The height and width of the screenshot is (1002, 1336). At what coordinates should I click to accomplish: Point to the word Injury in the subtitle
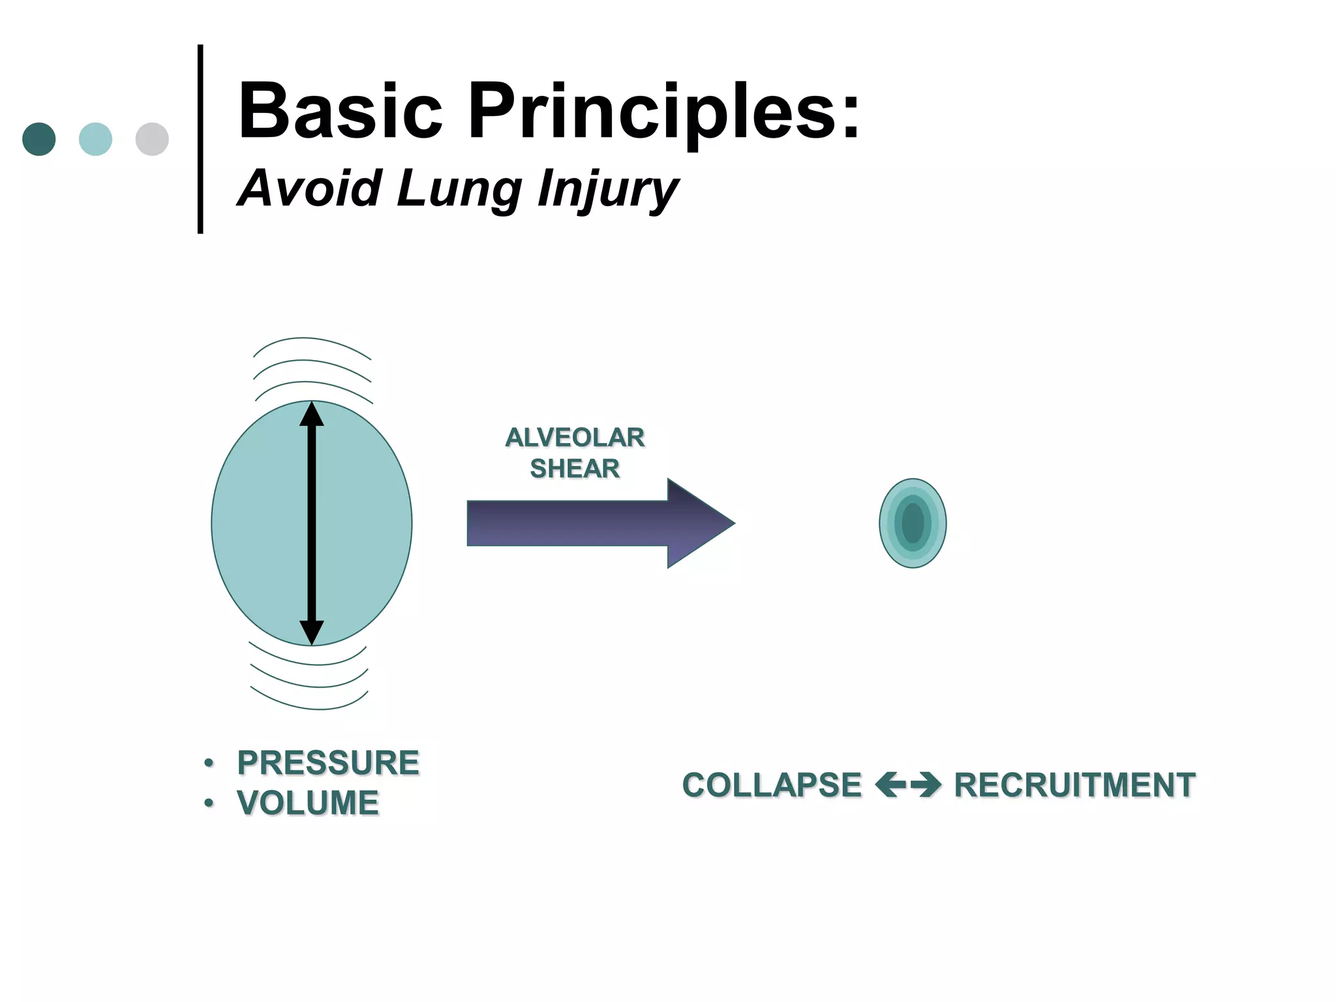tap(607, 189)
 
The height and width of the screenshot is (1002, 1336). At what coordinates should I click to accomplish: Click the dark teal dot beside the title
tap(39, 139)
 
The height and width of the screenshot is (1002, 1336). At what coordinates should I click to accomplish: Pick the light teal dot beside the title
tap(95, 139)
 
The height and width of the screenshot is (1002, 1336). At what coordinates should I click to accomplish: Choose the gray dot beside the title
tap(152, 139)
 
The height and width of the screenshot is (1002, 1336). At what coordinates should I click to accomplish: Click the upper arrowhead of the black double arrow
tap(312, 415)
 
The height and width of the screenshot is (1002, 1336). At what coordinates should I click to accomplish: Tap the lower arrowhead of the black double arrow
tap(312, 631)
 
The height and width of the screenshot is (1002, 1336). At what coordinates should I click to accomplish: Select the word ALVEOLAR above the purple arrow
tap(575, 438)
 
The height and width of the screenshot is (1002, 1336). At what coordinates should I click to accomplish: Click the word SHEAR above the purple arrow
tap(575, 468)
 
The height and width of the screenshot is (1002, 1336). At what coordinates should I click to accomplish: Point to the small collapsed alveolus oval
tap(913, 523)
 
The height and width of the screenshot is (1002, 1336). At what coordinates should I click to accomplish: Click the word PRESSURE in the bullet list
tap(328, 763)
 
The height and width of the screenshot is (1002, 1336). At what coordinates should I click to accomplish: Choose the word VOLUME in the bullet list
tap(308, 802)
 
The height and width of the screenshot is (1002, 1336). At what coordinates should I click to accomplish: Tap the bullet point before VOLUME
tap(209, 803)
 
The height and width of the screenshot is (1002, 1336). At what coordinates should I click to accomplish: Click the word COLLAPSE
tap(772, 785)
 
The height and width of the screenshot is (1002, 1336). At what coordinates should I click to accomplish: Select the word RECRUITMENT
tap(1074, 785)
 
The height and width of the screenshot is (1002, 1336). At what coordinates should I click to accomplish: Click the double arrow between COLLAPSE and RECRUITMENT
tap(907, 785)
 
